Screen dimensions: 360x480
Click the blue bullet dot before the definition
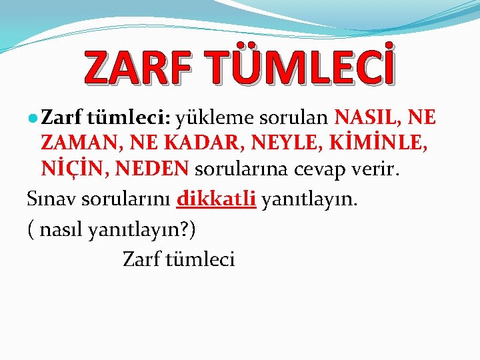33,118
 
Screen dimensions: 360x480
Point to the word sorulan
294,119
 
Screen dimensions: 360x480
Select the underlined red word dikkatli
217,199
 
